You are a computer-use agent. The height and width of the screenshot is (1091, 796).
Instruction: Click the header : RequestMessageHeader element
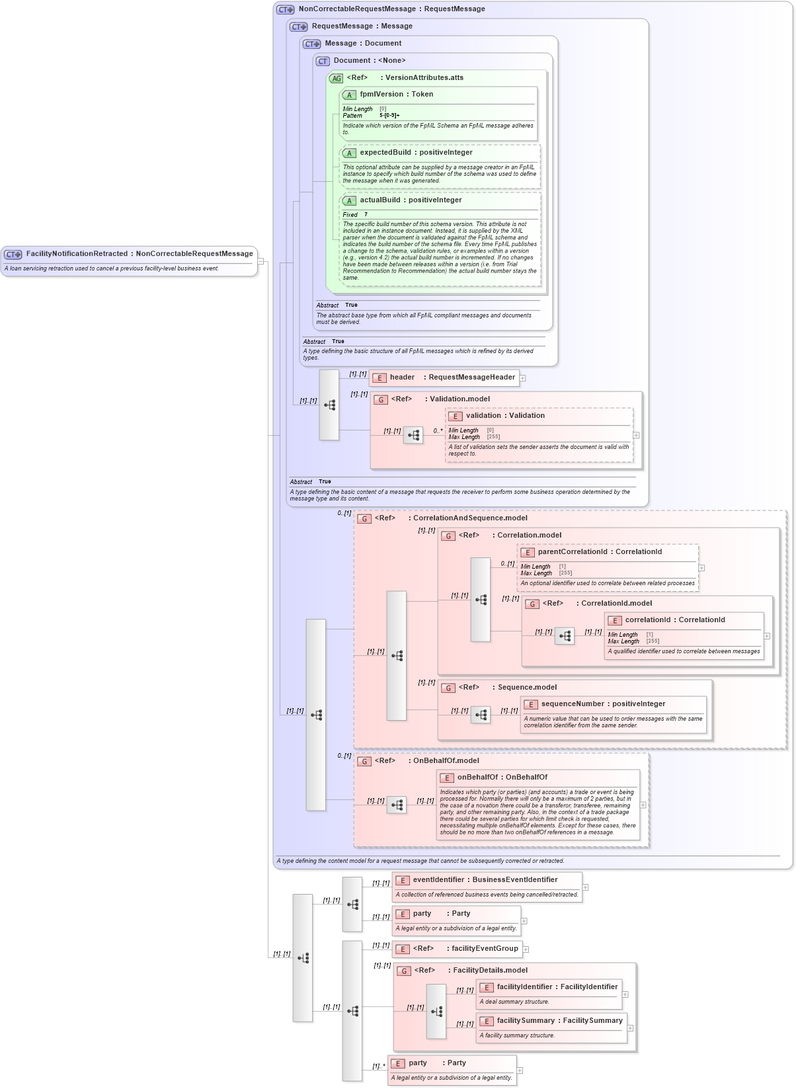click(x=452, y=378)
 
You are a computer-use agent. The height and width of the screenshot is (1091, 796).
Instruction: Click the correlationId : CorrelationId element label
click(x=675, y=620)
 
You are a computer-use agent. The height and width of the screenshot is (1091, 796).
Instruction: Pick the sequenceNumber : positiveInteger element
click(x=603, y=704)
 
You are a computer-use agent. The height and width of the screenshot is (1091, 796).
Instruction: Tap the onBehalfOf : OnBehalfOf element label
click(x=502, y=778)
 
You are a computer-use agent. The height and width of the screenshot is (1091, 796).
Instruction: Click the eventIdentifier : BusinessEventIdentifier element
click(x=485, y=880)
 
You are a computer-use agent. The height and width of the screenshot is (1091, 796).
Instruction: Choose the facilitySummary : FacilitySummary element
click(x=559, y=1021)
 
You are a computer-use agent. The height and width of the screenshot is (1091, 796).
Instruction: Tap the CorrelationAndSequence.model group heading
click(x=470, y=518)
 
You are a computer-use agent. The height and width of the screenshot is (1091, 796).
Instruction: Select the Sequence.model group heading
click(x=527, y=688)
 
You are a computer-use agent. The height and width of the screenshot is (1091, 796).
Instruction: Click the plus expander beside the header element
click(x=522, y=378)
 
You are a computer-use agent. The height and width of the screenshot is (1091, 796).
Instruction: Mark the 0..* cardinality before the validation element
click(x=438, y=431)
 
